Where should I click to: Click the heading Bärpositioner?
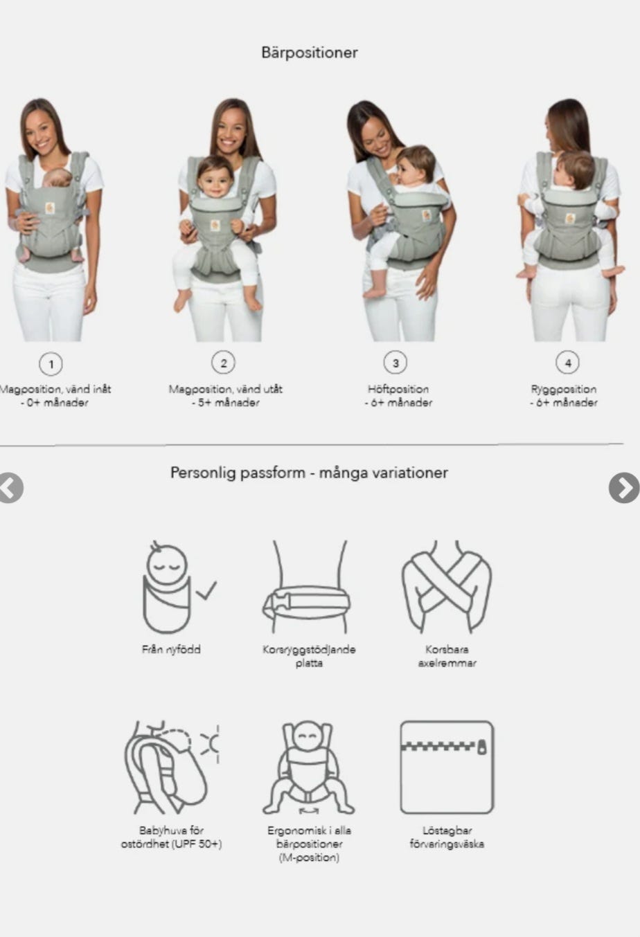310,53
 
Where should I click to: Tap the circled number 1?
51,364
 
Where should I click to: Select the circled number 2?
223,363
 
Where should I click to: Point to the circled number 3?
395,363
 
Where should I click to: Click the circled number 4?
567,363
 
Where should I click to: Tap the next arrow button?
624,488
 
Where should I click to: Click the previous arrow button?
10,488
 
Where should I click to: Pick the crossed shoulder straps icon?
447,587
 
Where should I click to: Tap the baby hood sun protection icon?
172,767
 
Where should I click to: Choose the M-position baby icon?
309,767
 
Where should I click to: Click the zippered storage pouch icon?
447,767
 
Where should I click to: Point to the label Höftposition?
398,390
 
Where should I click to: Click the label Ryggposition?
564,390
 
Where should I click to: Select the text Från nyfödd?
171,649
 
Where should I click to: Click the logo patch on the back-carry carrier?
570,218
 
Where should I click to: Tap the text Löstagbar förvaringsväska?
447,837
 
